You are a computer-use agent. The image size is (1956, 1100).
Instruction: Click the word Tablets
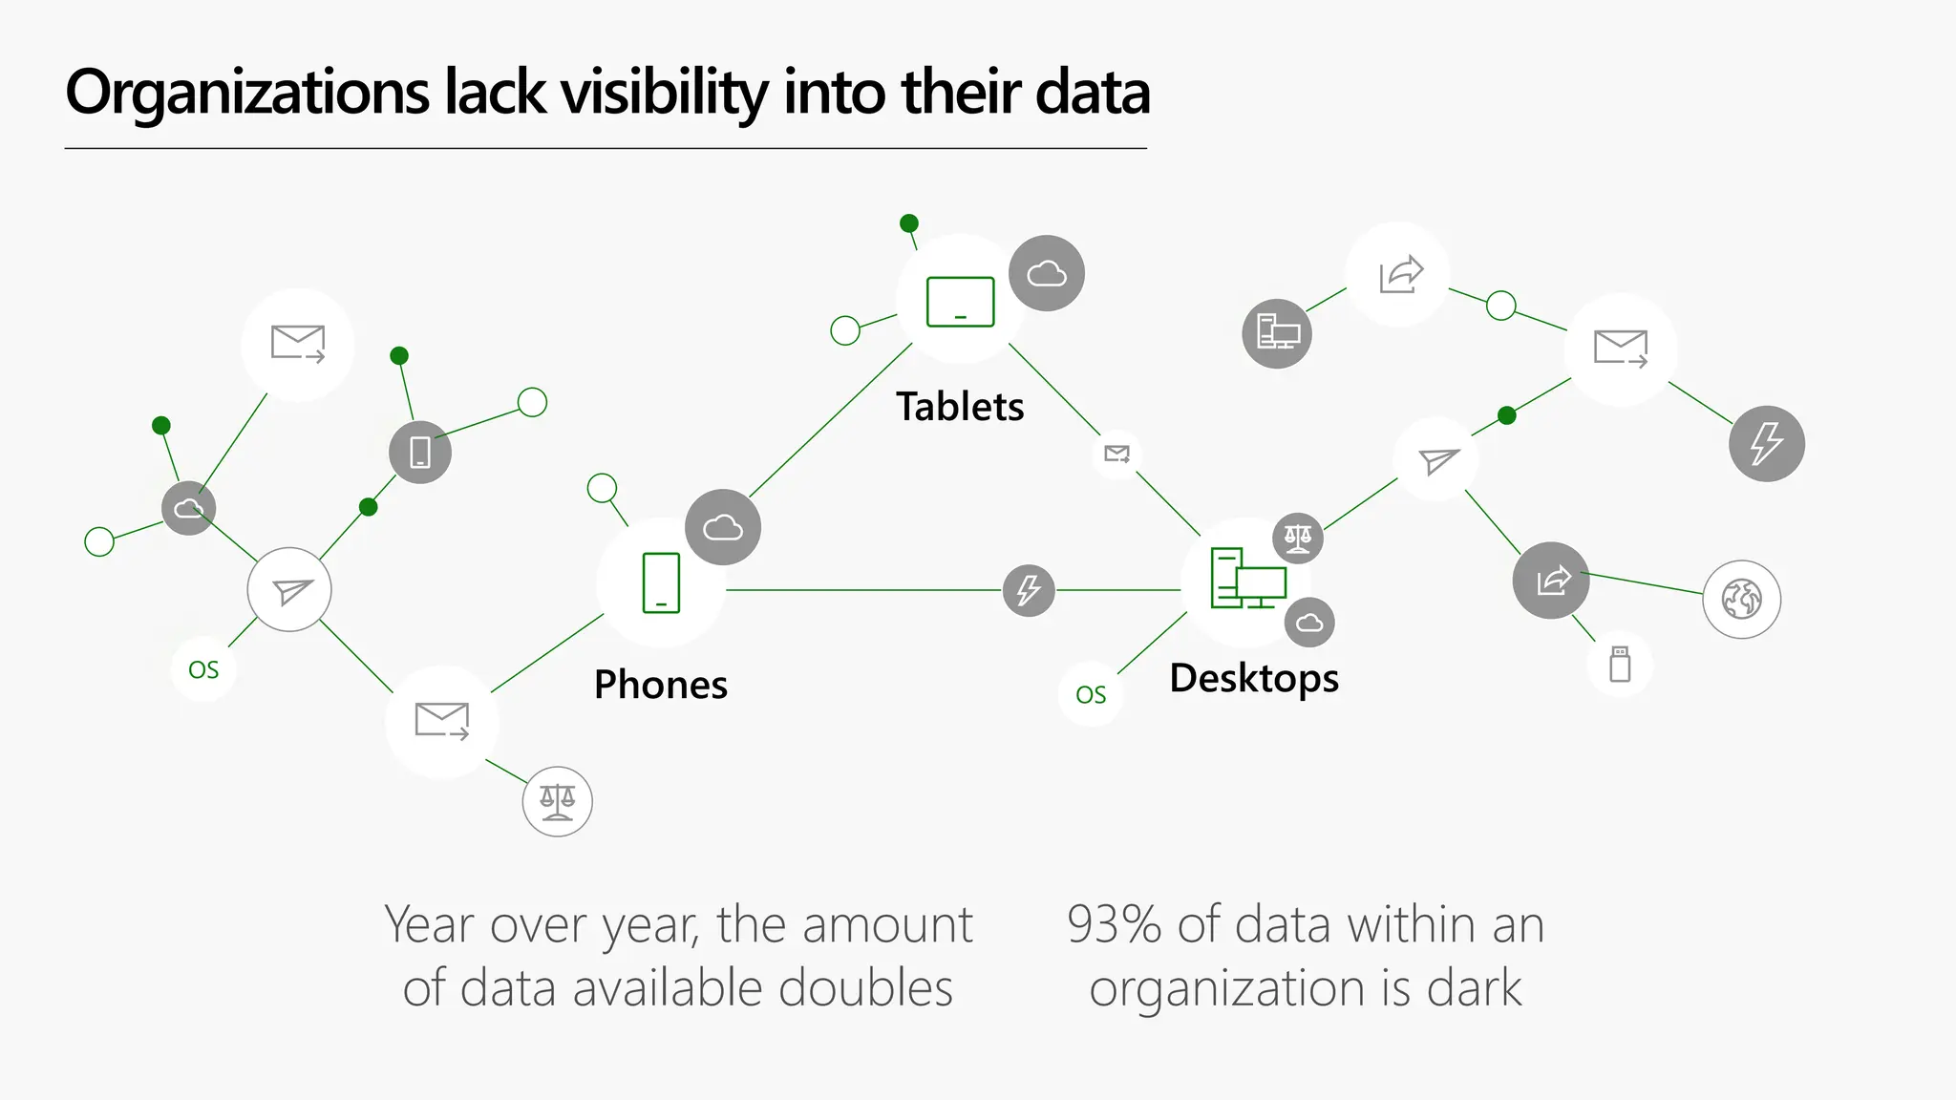[x=960, y=407]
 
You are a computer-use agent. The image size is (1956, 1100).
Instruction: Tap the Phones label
[x=661, y=685]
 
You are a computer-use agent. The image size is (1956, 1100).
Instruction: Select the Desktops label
[x=1254, y=678]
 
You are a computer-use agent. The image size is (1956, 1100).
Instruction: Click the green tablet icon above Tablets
[x=961, y=302]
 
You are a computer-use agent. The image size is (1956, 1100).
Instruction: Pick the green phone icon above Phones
[x=661, y=582]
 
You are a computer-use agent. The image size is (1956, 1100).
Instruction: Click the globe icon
[x=1741, y=600]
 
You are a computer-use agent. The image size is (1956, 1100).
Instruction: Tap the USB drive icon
[x=1620, y=664]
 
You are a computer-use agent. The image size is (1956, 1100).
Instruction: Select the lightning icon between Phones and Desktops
[x=1029, y=590]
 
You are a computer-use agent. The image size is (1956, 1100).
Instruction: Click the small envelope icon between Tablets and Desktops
[x=1116, y=454]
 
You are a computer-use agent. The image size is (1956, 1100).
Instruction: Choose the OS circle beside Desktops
[x=1091, y=694]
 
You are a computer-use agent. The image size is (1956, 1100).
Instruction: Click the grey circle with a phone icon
[x=420, y=452]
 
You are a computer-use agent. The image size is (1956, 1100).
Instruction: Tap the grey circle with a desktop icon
[x=1277, y=333]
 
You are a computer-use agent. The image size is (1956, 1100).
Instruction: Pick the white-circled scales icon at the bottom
[x=558, y=802]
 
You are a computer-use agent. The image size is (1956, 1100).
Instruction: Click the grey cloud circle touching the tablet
[x=1047, y=274]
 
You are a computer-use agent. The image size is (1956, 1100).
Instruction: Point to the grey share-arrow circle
[x=1551, y=580]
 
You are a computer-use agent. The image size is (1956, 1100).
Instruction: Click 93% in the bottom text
[x=1115, y=925]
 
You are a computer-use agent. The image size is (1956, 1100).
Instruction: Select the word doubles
[x=865, y=988]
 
